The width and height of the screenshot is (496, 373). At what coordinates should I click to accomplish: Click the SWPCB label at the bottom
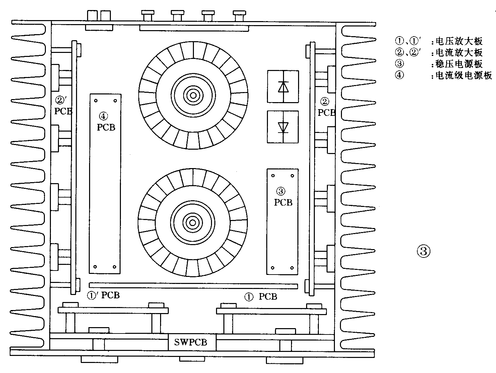click(191, 342)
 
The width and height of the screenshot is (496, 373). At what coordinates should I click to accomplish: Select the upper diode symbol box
click(283, 86)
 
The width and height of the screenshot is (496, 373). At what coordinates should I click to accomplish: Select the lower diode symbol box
click(283, 127)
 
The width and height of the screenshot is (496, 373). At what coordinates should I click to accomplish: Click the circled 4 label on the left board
click(103, 116)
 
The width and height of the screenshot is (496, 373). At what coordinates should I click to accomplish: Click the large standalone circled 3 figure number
click(423, 251)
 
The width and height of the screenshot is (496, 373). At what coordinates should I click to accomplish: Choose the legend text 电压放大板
click(459, 41)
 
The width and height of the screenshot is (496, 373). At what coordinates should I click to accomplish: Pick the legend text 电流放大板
click(459, 53)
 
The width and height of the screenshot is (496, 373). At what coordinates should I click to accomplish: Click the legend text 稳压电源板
click(459, 64)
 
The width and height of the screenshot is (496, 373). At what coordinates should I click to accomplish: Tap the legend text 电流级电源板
click(464, 75)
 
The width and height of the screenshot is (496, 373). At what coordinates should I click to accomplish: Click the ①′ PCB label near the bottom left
click(103, 295)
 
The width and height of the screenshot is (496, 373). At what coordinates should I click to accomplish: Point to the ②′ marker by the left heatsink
click(61, 100)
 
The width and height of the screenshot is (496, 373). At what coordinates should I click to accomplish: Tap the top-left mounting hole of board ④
click(96, 100)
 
